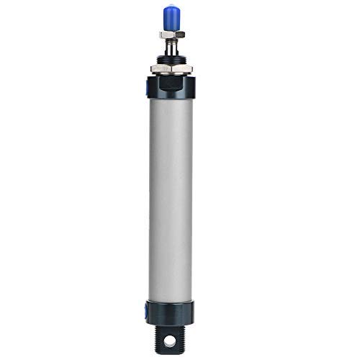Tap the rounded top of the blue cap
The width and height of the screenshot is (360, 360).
(x=172, y=9)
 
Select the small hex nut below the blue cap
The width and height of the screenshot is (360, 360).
(x=172, y=34)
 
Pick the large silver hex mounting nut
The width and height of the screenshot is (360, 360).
(x=172, y=70)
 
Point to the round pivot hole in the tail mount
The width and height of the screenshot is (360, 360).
(x=173, y=340)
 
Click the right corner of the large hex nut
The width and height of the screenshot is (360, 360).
(x=194, y=70)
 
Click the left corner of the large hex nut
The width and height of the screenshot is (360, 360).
(x=150, y=70)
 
